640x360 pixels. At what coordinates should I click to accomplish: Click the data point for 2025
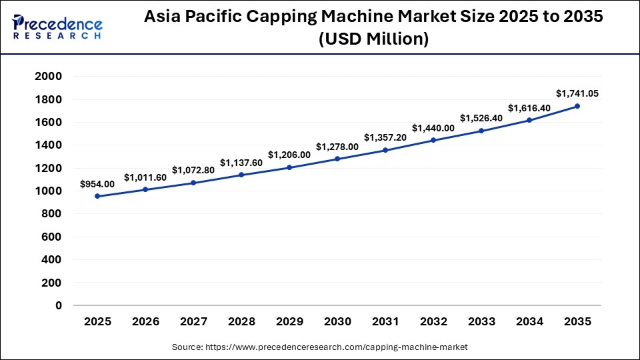[97, 196]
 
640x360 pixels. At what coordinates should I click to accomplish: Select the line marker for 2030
[337, 159]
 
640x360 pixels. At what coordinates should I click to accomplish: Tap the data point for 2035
[577, 106]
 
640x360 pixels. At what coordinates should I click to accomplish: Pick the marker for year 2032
[433, 140]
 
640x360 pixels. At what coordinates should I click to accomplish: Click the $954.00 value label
[97, 183]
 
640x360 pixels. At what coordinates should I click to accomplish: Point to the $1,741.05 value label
[577, 93]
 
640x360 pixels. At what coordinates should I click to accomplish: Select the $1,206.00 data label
[289, 155]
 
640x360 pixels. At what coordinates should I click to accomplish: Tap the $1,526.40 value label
[481, 118]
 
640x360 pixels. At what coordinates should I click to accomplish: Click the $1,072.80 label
[193, 170]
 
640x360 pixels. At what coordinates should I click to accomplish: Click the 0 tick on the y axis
[59, 305]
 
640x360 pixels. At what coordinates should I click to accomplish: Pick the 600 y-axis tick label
[51, 237]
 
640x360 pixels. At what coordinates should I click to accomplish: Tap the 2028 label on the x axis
[241, 321]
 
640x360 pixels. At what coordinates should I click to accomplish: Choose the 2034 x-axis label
[529, 321]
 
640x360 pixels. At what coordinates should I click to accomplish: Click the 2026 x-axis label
[145, 321]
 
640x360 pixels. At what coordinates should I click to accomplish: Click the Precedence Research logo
[57, 27]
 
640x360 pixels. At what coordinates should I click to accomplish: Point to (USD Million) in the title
[373, 39]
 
